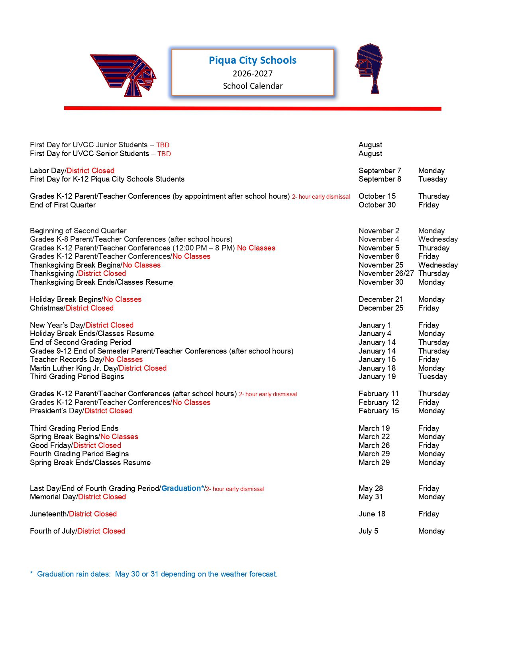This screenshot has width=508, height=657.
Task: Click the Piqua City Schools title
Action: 253,60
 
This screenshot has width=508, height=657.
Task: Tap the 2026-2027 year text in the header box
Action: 253,74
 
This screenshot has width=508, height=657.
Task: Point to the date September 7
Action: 380,170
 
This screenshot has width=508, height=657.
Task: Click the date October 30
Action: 377,205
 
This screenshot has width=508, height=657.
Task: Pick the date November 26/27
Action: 386,274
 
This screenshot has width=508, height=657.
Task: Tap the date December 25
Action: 381,308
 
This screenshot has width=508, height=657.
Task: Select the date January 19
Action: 377,377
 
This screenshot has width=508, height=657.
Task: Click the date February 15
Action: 379,411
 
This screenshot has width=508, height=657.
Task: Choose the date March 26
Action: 374,446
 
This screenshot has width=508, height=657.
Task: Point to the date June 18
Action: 372,514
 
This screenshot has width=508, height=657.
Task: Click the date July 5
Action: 368,531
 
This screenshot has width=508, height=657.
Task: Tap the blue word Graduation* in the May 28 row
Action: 182,489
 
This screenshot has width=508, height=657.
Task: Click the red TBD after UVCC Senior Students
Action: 164,154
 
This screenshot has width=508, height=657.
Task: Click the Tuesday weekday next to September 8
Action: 433,179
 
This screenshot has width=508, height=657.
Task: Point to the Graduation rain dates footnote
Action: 154,574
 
